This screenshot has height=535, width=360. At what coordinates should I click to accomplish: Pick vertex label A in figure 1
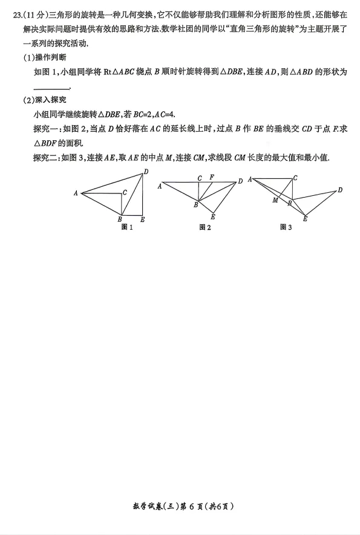76,193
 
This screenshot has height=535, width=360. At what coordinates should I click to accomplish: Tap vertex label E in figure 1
142,219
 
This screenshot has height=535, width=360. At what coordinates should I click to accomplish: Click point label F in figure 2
211,177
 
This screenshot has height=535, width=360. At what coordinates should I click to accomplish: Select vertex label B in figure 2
195,206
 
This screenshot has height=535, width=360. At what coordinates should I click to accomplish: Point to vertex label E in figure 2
213,217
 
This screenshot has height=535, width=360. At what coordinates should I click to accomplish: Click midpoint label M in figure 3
275,200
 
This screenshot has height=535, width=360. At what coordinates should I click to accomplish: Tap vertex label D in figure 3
340,190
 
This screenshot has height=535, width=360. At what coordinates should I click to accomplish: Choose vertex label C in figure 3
295,178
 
